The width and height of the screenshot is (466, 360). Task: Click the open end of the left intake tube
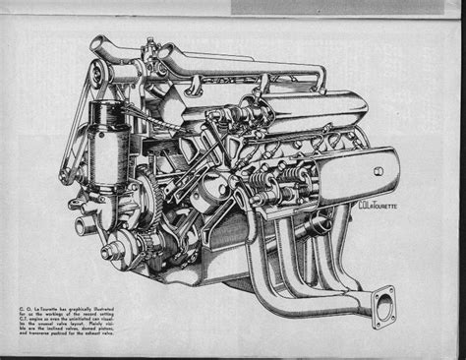(x=96, y=45)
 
